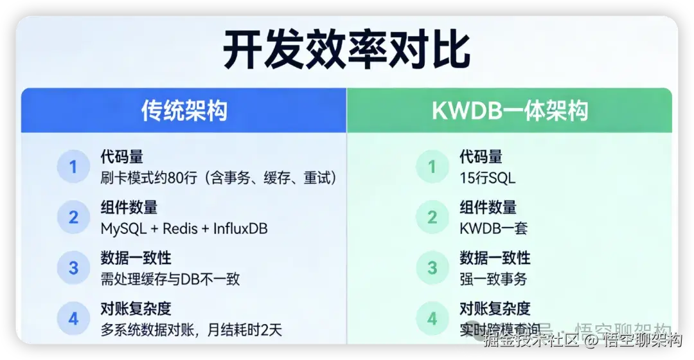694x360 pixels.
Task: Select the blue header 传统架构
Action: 184,111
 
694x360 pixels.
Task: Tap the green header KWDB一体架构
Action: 510,111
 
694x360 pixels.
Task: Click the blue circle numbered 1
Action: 73,167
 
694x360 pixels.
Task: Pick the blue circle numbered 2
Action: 73,217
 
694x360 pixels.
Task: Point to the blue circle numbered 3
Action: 73,267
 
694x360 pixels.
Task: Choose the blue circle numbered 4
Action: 73,318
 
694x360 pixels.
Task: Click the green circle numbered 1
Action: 432,167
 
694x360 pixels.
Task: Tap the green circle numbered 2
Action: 432,217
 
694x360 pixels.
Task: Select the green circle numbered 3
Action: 432,267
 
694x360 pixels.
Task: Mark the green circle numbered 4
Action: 432,318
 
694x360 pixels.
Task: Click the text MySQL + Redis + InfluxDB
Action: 184,228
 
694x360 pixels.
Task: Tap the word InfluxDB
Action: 240,228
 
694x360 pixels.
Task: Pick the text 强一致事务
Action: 493,279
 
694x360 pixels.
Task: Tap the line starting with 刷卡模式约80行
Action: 218,178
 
